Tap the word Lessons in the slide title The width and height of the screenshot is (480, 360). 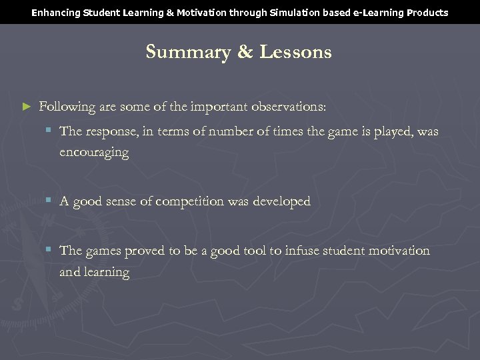point(295,52)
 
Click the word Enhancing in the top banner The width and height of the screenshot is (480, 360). point(55,13)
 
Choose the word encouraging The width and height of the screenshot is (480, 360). point(94,152)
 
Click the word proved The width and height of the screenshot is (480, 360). point(144,251)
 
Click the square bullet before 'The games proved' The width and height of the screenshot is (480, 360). point(49,250)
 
